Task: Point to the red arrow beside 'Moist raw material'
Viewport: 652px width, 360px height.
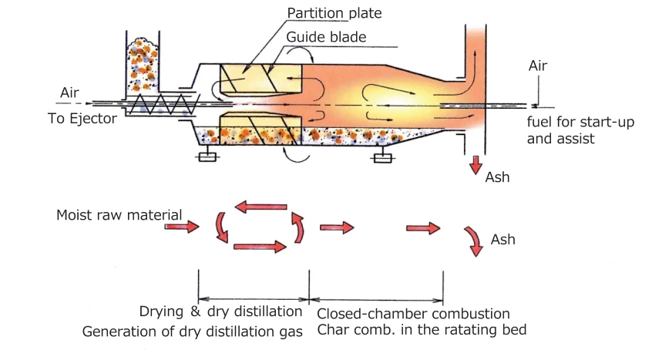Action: pos(182,227)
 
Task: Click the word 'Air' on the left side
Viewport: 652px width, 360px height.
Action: pos(70,94)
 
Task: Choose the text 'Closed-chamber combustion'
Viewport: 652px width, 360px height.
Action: pos(413,314)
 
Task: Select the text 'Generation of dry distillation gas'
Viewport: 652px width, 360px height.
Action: pos(192,332)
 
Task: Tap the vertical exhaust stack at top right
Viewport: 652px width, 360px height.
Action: pos(474,54)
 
